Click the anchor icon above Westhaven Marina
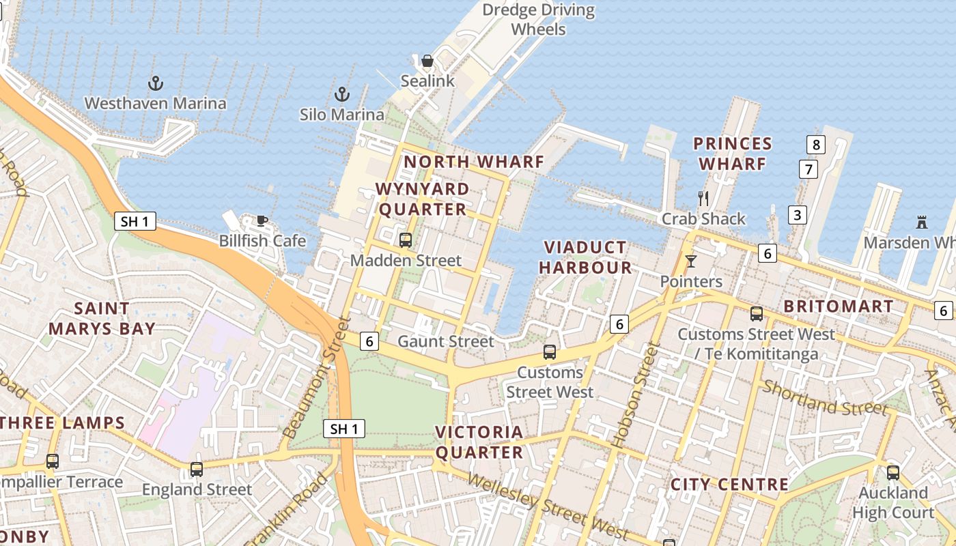(x=156, y=84)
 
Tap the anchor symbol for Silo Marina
(x=342, y=94)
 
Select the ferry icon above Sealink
(x=427, y=61)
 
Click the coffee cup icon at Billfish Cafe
(x=262, y=220)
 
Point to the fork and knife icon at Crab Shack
(x=703, y=199)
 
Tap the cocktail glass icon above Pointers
(x=691, y=261)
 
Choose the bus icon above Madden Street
(x=406, y=240)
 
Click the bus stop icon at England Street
(x=197, y=469)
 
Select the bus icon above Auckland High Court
(x=892, y=472)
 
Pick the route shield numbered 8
(x=815, y=145)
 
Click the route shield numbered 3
(x=797, y=215)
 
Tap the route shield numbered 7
(x=809, y=169)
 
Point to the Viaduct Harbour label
(x=585, y=257)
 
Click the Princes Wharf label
(x=733, y=154)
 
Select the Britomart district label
(x=839, y=306)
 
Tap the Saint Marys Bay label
(x=102, y=319)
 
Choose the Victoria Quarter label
(x=479, y=442)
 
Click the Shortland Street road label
(x=825, y=397)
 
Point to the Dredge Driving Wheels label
(x=539, y=20)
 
